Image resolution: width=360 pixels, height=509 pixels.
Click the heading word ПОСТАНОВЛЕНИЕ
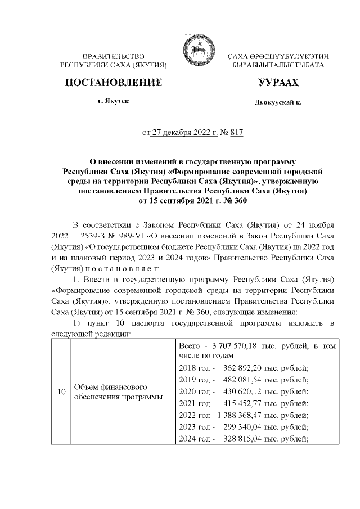[x=114, y=83]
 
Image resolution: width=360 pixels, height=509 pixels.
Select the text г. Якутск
[x=114, y=103]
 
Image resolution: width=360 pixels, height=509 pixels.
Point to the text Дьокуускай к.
[x=278, y=104]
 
